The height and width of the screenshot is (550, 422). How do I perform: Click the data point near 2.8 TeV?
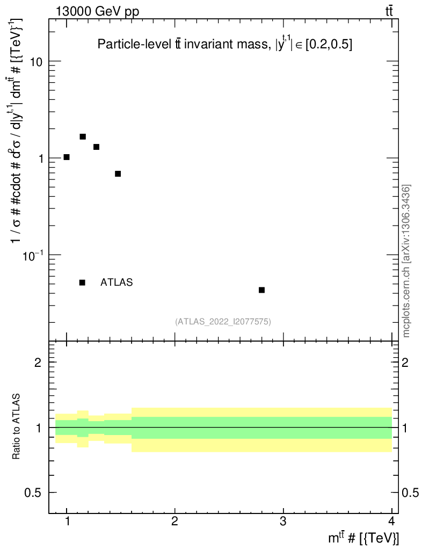[x=261, y=290]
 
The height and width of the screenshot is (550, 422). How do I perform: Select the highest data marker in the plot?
[x=83, y=136]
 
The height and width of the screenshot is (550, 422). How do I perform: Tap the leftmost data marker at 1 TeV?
[x=67, y=157]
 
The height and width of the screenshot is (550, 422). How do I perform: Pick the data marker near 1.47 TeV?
[x=118, y=173]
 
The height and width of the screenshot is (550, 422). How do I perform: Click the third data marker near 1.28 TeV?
[x=97, y=147]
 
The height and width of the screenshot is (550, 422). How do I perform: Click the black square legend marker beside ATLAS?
[x=82, y=283]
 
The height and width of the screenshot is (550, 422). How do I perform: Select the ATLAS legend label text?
[x=117, y=283]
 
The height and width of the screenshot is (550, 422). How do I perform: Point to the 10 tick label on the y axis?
[x=37, y=62]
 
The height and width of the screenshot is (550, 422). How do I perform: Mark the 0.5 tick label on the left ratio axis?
[x=34, y=493]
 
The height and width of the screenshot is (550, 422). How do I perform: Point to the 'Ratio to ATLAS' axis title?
[x=17, y=428]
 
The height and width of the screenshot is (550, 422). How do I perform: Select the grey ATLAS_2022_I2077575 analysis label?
[x=223, y=322]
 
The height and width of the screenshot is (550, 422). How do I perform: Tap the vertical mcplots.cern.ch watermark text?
[x=406, y=261]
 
